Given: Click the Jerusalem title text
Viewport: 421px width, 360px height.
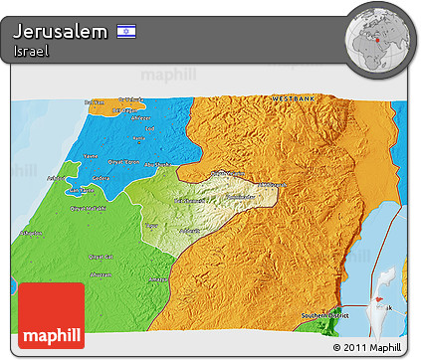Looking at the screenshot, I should click(61, 32).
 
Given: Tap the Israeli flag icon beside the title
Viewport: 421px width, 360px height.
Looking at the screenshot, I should click(126, 32).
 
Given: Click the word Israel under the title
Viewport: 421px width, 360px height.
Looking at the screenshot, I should click(33, 51).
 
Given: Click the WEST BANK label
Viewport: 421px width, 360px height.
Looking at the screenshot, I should click(295, 98).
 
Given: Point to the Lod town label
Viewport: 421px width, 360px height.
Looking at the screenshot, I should click(150, 129).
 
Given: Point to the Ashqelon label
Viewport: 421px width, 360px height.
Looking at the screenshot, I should click(31, 233).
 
